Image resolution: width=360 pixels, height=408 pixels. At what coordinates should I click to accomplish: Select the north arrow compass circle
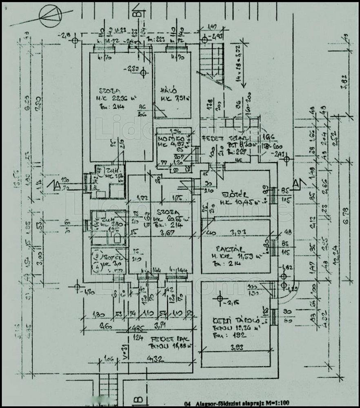pos(51,15)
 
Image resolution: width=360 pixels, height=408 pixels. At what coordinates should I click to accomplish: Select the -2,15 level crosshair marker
pos(220,300)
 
